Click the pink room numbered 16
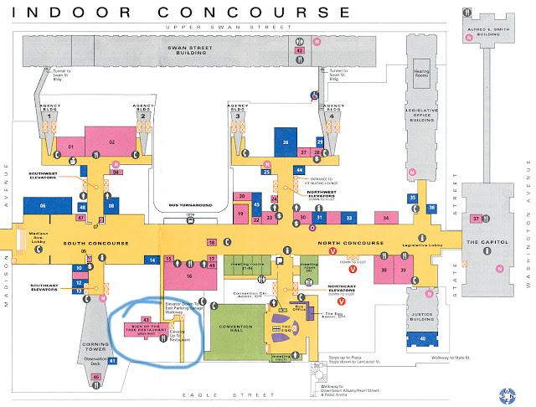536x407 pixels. [189, 274]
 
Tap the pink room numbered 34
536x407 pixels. [386, 218]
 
